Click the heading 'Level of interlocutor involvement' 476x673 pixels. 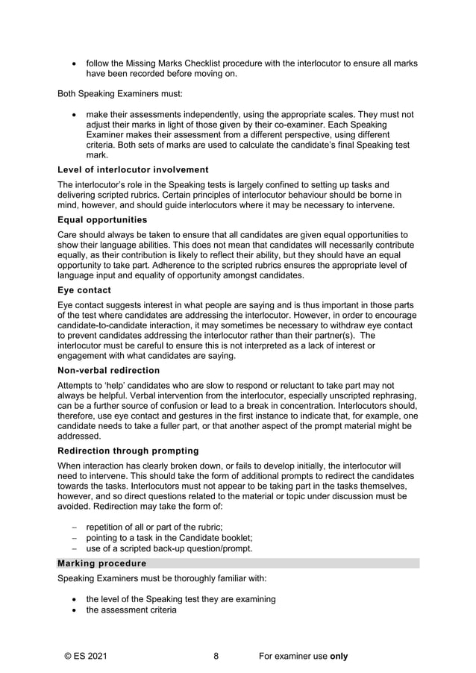tap(133, 170)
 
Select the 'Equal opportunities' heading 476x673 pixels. tap(102, 220)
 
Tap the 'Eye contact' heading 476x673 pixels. tap(84, 290)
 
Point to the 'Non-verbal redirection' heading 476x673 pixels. tap(108, 370)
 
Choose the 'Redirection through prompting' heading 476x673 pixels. tap(128, 451)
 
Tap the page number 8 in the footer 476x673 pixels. tap(216, 657)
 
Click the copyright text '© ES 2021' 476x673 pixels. tap(86, 657)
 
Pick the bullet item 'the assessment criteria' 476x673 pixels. tap(131, 610)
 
